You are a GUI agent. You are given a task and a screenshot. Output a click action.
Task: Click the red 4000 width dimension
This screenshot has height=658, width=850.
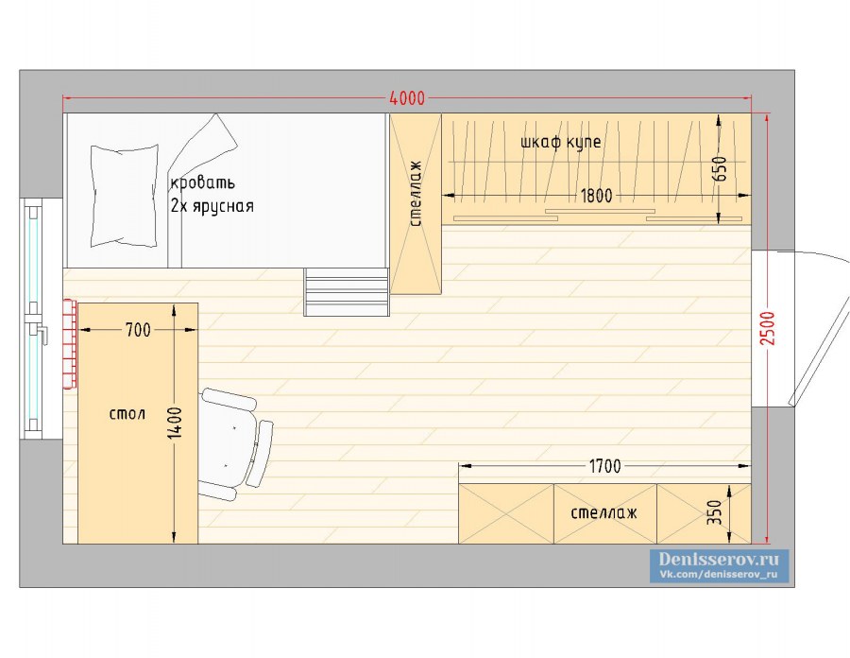[407, 98]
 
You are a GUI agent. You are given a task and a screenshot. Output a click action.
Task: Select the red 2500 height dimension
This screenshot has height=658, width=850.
[768, 328]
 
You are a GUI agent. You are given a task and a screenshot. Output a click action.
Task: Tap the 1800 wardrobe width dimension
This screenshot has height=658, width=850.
[596, 196]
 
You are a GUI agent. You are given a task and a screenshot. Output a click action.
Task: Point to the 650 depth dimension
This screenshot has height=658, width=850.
[719, 168]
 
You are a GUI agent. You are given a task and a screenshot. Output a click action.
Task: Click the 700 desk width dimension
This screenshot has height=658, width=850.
[138, 330]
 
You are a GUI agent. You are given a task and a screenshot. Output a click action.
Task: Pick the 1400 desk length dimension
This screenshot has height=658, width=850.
[175, 423]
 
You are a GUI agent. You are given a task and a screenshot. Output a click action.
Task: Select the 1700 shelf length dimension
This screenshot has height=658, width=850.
[605, 466]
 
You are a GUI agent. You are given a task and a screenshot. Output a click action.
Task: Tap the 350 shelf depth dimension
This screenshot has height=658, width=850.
[715, 512]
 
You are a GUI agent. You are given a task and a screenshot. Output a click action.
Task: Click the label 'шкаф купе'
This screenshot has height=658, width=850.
[560, 142]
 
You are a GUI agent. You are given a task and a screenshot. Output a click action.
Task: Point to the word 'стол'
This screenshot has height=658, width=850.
[127, 414]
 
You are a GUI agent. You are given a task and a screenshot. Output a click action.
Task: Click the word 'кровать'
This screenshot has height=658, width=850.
[203, 182]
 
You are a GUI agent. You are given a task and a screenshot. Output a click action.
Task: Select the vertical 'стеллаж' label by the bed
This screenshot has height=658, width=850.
[416, 193]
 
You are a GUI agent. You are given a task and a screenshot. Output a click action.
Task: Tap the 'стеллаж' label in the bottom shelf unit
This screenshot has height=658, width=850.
[603, 512]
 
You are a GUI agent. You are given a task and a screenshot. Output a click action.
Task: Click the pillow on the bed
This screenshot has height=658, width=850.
[124, 196]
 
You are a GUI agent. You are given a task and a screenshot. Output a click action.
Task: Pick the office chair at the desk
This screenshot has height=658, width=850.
[236, 443]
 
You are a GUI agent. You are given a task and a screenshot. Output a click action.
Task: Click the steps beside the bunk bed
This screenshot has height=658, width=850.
[347, 292]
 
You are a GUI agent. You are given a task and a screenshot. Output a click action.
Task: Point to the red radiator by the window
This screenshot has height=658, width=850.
[69, 344]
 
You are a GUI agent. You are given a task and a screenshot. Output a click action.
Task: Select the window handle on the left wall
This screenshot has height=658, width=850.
[39, 332]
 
